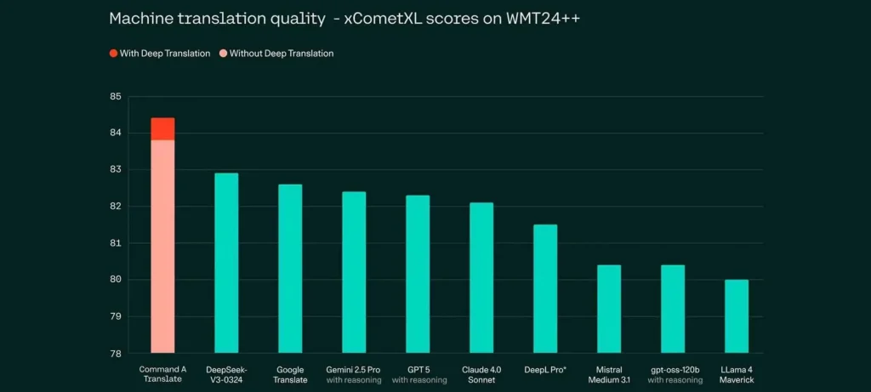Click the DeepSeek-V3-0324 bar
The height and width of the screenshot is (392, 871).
[x=226, y=263]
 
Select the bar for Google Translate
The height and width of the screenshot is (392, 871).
[x=290, y=268]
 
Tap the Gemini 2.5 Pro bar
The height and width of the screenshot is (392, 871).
[x=354, y=272]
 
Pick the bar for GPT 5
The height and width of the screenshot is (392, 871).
[x=418, y=274]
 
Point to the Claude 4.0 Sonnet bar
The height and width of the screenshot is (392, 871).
[x=481, y=277]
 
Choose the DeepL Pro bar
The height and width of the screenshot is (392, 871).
[x=545, y=288]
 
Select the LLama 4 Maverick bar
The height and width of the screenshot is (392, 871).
[x=737, y=315]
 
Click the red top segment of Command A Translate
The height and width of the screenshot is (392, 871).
[x=162, y=129]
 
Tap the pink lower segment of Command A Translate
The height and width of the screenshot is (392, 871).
[x=162, y=247]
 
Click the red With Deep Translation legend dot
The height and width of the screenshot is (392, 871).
[x=113, y=54]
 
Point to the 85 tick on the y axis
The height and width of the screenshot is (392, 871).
[x=117, y=97]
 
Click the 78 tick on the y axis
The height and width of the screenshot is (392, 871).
[x=117, y=353]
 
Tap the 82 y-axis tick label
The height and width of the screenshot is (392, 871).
[x=117, y=207]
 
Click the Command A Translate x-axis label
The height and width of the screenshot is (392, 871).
[x=162, y=374]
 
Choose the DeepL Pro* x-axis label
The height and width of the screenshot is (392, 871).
[x=545, y=369]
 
